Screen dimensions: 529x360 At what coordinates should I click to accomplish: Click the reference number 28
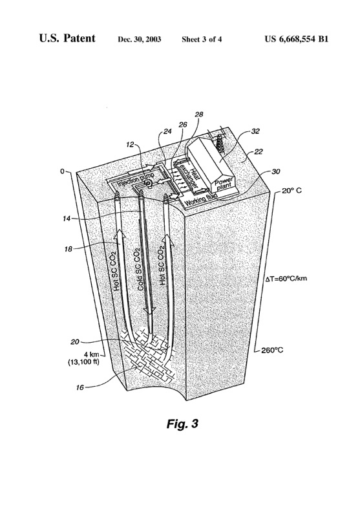point(198,114)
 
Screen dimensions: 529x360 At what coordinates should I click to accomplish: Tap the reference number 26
point(183,124)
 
